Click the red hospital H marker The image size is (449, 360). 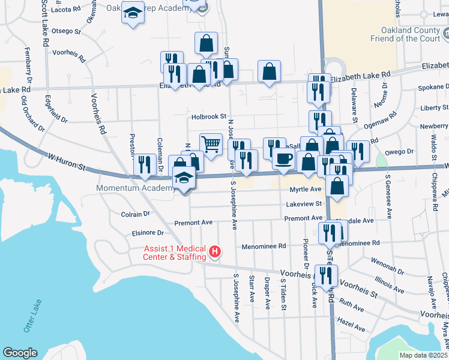[214, 253]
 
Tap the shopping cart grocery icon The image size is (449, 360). [211, 144]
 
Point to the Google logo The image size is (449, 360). [20, 353]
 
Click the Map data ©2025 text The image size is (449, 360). [424, 355]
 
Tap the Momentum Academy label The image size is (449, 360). [133, 188]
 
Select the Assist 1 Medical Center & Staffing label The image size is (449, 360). [174, 253]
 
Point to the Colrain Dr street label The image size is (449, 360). [135, 214]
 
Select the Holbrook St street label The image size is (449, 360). [209, 117]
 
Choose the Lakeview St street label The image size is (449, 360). [304, 204]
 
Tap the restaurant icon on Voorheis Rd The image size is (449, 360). [326, 275]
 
